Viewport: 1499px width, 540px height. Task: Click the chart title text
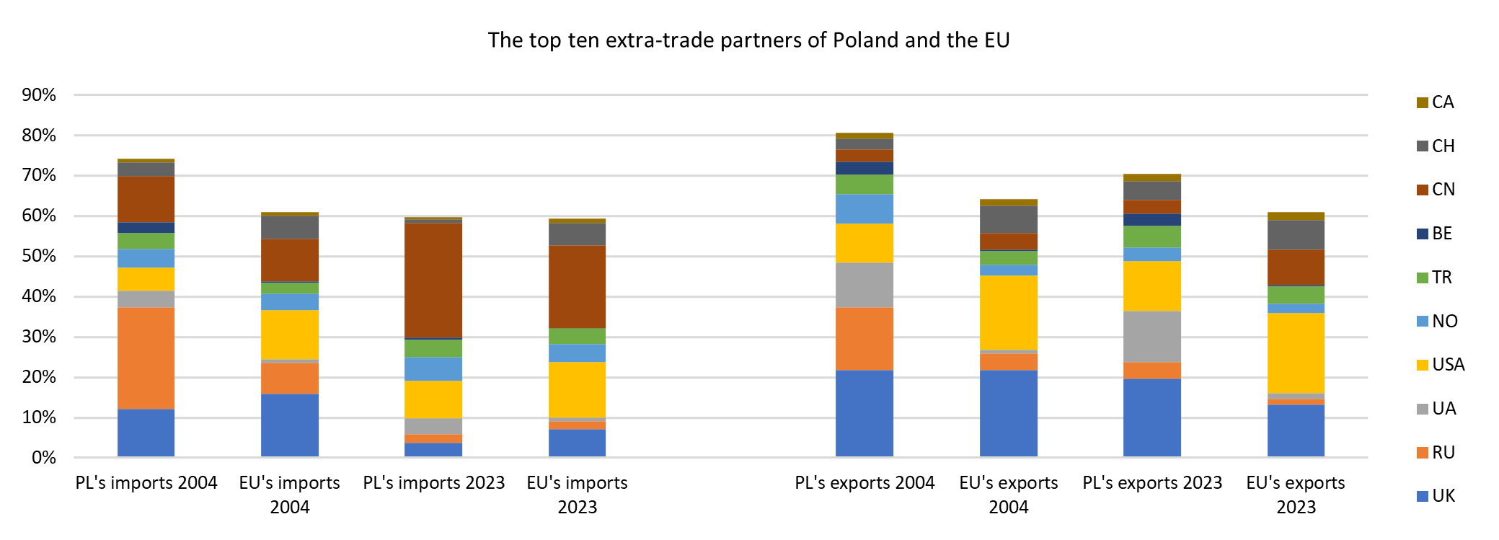click(x=748, y=40)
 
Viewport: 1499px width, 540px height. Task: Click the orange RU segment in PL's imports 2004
click(x=146, y=358)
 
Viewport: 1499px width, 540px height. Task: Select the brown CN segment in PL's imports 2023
click(x=433, y=280)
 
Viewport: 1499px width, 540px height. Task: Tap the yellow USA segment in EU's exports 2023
click(x=1296, y=353)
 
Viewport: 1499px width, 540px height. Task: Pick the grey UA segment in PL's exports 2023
click(x=1151, y=337)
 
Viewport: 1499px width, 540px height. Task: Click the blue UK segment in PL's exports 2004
click(x=864, y=414)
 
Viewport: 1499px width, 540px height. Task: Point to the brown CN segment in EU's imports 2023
click(x=577, y=287)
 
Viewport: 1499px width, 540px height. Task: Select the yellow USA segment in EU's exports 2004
click(x=1008, y=313)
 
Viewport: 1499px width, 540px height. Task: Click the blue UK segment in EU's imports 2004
click(x=289, y=425)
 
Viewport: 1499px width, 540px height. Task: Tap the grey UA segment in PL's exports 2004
click(x=864, y=286)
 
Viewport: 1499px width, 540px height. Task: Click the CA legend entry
click(x=1435, y=102)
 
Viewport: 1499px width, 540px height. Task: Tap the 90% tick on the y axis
click(x=39, y=95)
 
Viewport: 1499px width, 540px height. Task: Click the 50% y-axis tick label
click(x=39, y=257)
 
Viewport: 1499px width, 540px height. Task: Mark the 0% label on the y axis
click(x=43, y=458)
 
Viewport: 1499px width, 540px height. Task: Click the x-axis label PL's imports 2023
click(x=433, y=483)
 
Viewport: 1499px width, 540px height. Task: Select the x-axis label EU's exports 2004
click(x=1008, y=495)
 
